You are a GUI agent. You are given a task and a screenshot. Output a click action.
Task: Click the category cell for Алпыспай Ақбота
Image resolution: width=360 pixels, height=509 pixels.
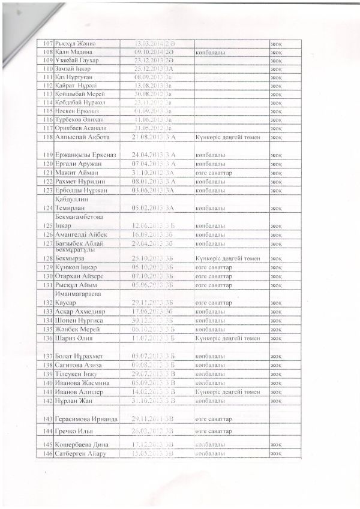[227, 137]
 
